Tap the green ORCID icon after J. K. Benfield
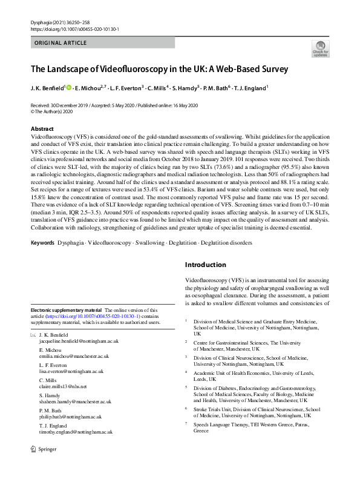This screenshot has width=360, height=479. (69, 88)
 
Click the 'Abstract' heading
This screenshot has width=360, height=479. (42, 129)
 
